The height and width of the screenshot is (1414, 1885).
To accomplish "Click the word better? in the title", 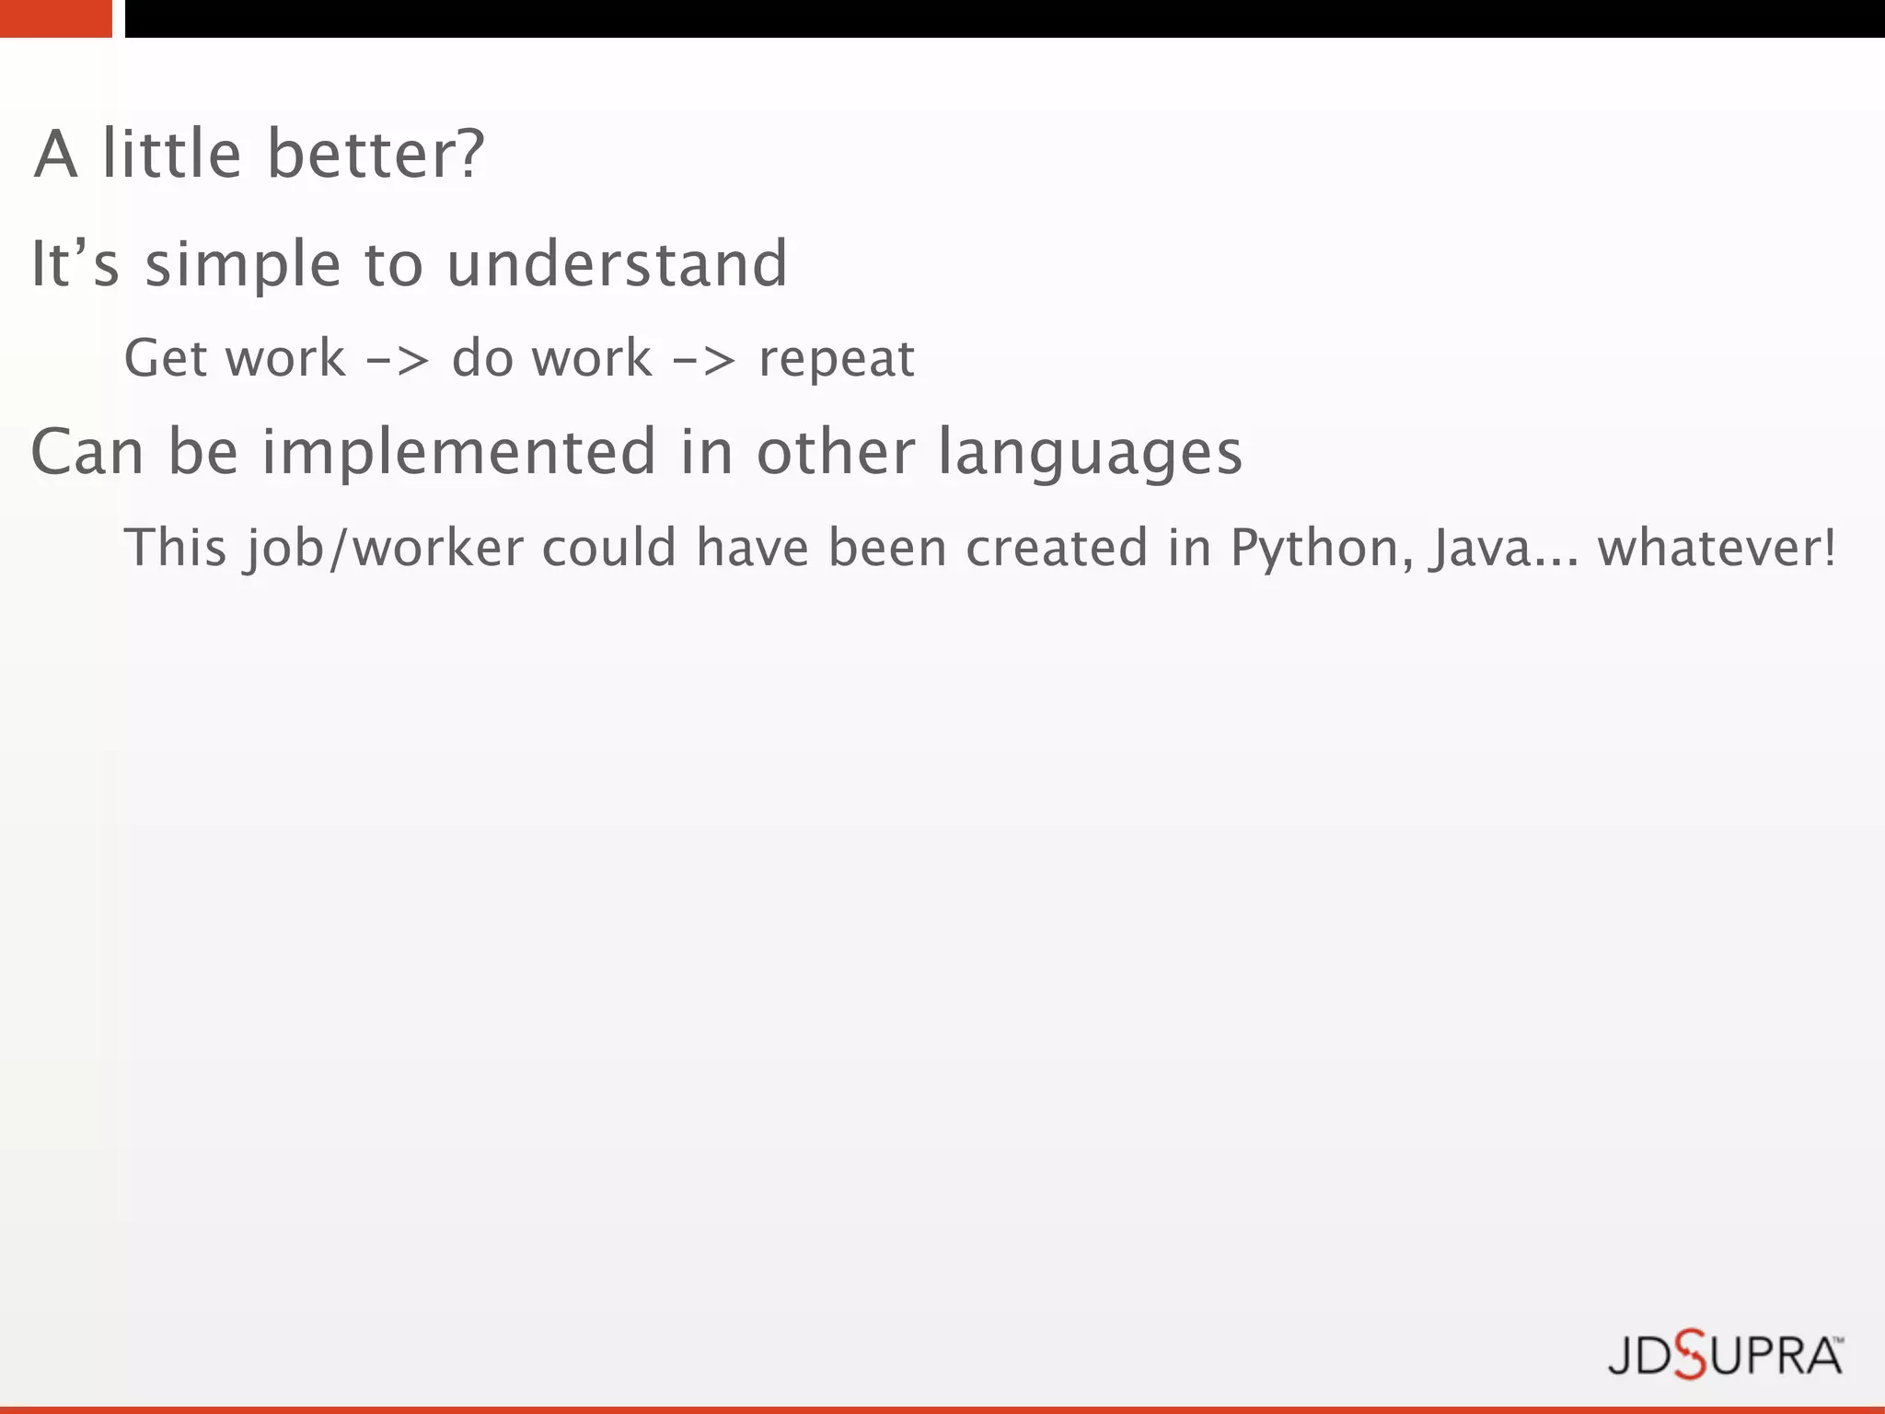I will point(375,154).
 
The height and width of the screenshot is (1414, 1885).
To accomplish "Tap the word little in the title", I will point(171,154).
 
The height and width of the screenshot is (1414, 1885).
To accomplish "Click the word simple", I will point(243,266).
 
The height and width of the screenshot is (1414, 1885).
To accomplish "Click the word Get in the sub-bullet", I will point(166,358).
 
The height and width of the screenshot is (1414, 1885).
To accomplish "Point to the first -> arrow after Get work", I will point(398,360).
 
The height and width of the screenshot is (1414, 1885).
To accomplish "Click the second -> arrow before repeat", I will point(704,360).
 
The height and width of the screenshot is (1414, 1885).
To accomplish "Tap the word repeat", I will point(836,360).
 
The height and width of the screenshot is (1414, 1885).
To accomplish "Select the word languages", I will point(1090,454).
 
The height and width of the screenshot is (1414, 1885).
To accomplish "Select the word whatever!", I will point(1716,549).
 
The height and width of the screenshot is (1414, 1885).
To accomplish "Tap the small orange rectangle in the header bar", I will point(55,18).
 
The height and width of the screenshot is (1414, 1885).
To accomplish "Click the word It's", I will point(75,264).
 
